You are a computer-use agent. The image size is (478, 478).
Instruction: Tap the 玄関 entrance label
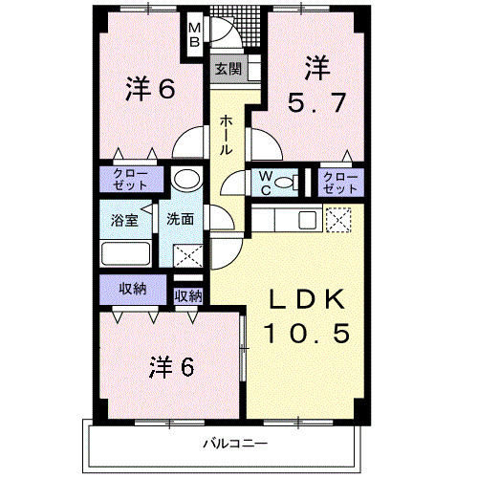[x=227, y=69]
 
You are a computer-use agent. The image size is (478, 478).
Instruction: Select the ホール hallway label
[x=227, y=135]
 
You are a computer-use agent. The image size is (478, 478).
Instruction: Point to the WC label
[x=263, y=181]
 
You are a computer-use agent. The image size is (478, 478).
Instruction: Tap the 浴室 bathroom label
[x=122, y=218]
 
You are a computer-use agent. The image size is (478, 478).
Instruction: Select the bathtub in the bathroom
[x=126, y=254]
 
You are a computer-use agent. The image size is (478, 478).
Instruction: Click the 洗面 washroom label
[x=182, y=218]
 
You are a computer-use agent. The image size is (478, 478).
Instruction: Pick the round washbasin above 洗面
[x=185, y=181]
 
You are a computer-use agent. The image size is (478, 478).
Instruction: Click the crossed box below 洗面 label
[x=185, y=255]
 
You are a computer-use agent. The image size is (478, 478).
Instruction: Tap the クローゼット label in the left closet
[x=124, y=180]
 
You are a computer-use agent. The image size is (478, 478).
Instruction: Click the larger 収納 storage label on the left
[x=132, y=289]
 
